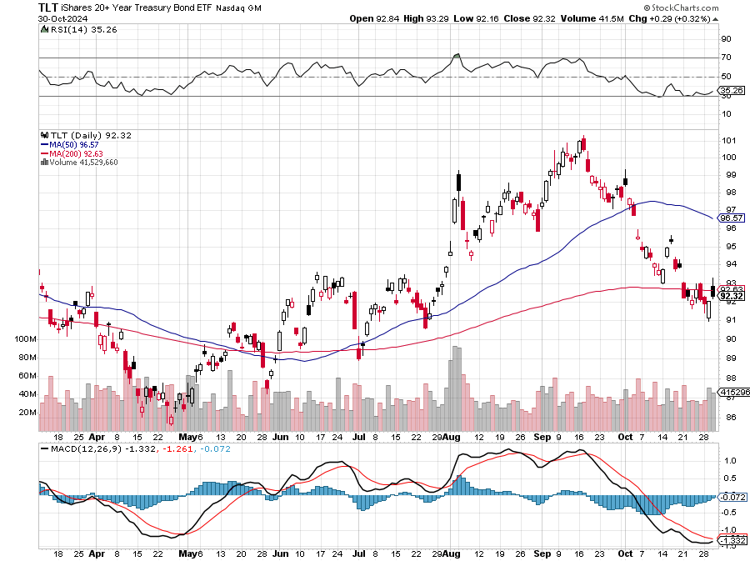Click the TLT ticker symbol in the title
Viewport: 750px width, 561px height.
[x=48, y=7]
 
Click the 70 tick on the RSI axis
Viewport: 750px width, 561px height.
[x=726, y=58]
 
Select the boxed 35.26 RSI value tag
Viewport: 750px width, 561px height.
[x=731, y=90]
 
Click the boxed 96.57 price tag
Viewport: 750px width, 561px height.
[x=731, y=218]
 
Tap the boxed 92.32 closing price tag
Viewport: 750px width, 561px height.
[x=731, y=296]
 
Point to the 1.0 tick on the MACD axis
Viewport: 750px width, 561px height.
[x=727, y=459]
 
